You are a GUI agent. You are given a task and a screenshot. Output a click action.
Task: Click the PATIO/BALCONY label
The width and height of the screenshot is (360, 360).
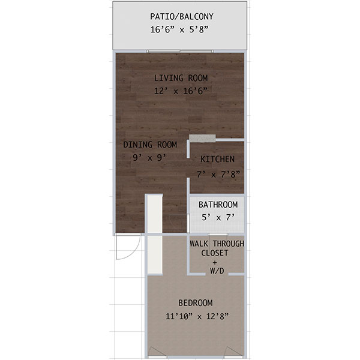[x=181, y=16]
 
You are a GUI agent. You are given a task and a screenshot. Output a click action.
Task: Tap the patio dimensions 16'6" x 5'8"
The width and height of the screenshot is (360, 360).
[x=181, y=29]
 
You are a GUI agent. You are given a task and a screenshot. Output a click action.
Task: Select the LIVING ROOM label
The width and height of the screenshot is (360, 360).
[x=181, y=77]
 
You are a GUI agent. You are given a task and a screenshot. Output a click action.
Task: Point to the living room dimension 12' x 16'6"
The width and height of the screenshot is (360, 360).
[x=181, y=91]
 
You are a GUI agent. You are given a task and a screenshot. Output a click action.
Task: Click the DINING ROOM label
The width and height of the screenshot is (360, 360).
[x=150, y=145]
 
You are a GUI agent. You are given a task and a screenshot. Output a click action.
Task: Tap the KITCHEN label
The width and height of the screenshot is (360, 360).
[x=217, y=159]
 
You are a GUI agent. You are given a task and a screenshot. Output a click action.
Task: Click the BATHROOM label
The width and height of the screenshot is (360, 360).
[x=218, y=205]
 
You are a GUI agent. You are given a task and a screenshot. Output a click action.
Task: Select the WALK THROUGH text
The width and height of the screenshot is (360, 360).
[x=217, y=244]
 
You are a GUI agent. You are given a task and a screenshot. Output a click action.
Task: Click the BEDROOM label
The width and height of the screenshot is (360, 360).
[x=196, y=303]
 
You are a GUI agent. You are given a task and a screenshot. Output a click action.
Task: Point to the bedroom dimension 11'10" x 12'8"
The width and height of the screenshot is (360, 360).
[x=196, y=316]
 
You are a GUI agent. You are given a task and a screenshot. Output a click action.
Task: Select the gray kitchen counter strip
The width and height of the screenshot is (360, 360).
[x=202, y=138]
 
